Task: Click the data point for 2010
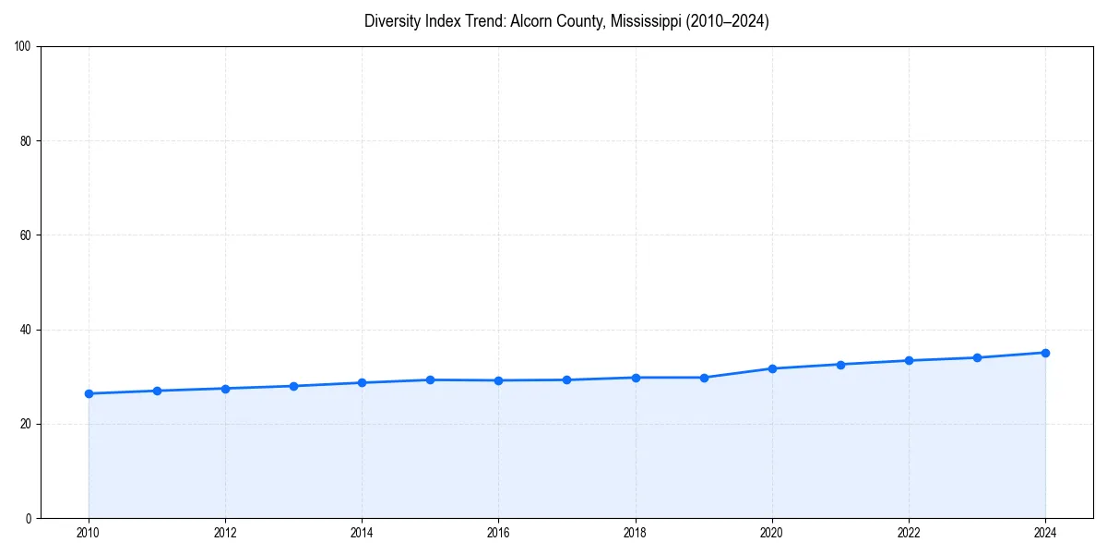89,393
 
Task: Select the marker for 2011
157,391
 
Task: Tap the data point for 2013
293,386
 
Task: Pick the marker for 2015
430,379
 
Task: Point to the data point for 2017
566,379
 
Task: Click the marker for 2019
704,378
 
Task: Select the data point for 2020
772,368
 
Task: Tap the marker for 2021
840,364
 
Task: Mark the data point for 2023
977,357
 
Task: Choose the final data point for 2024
1045,353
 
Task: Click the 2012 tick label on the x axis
225,533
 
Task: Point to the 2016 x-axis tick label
498,533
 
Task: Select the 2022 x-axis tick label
909,533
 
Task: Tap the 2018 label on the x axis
635,533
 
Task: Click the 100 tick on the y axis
23,47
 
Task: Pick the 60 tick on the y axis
26,235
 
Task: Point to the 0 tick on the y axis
30,518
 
